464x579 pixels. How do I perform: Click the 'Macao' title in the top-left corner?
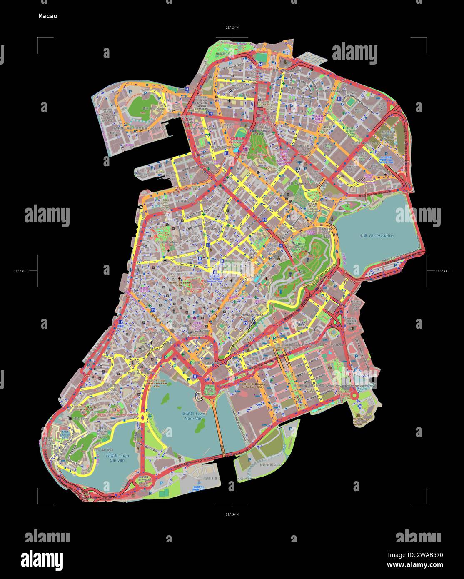click(48, 16)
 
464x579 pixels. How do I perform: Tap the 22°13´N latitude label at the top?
click(232, 27)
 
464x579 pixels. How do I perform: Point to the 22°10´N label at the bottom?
click(232, 514)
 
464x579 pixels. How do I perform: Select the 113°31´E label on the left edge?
click(21, 271)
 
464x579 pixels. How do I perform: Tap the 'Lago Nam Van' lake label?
click(195, 417)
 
